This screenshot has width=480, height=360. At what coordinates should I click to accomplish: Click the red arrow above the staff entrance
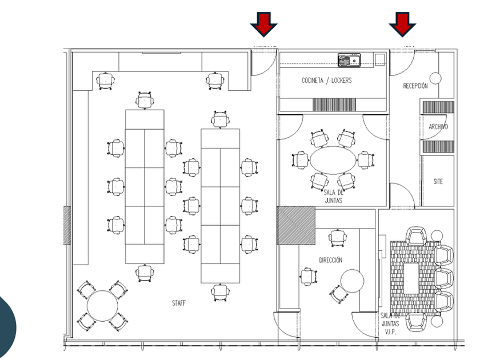tap(263, 23)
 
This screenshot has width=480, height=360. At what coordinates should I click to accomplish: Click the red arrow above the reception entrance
tap(403, 23)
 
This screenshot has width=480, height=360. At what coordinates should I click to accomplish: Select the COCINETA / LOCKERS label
tap(327, 81)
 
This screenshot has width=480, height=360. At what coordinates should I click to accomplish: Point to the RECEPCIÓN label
tap(415, 86)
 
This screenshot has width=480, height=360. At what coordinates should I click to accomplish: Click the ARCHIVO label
tap(438, 127)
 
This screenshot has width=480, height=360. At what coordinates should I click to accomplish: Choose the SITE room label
tap(438, 182)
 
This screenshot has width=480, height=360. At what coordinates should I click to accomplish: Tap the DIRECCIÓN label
tap(331, 261)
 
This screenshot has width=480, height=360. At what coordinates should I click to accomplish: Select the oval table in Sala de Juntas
tap(333, 159)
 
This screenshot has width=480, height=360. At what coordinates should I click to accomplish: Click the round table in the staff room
tap(102, 306)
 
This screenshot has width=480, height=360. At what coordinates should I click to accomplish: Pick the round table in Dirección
tap(353, 281)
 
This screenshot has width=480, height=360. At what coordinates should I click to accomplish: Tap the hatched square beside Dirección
tap(296, 225)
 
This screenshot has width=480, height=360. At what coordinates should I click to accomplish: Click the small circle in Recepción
tap(436, 78)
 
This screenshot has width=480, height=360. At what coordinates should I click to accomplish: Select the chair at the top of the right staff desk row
tap(221, 119)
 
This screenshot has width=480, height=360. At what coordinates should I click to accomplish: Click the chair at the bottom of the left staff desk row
tap(145, 273)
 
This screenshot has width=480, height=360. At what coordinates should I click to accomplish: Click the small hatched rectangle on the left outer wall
tap(67, 225)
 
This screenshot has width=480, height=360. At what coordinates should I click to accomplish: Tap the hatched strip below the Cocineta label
tap(334, 105)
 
